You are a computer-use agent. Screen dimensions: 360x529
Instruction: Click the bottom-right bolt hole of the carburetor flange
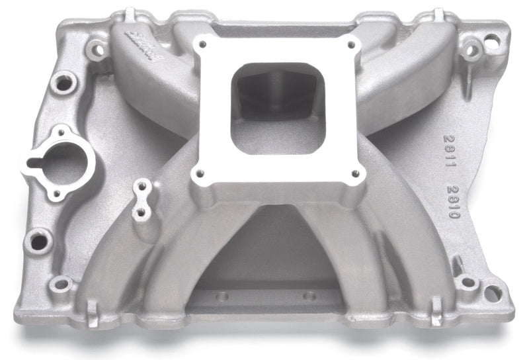pos(356,173)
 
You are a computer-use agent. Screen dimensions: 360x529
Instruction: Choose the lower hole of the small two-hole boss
pos(140,213)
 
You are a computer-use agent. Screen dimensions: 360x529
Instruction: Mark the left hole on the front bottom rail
pos(222,296)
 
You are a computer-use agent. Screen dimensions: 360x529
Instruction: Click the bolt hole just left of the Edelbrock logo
pos(98,48)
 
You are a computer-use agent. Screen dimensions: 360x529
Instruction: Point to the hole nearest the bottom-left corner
pos(61,285)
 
